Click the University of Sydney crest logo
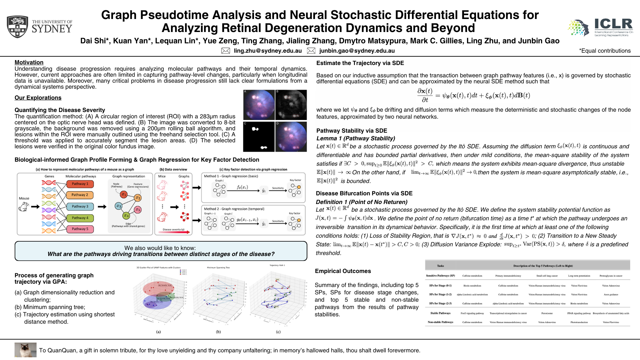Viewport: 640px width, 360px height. [17, 26]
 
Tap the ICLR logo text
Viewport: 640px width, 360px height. [613, 24]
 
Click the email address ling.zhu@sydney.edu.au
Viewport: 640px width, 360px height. [268, 51]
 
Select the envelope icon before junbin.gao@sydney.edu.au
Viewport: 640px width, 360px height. [311, 51]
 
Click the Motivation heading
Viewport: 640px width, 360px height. [29, 62]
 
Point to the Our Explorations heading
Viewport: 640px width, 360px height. [38, 98]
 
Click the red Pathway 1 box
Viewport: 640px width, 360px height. [80, 184]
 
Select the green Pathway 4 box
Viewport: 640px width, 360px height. [80, 218]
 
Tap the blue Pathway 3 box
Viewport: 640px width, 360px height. [80, 206]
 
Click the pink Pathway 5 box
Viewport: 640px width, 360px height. [80, 229]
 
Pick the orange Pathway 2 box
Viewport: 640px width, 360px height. [80, 195]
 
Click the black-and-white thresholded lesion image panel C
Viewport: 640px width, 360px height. [259, 137]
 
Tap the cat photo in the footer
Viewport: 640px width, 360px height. [25, 350]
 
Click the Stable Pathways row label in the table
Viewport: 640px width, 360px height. [440, 313]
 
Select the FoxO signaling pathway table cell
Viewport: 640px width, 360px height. [472, 313]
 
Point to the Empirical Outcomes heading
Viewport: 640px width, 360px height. [343, 271]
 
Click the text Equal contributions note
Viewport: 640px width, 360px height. [605, 51]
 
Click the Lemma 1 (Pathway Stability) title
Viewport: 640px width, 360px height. [356, 138]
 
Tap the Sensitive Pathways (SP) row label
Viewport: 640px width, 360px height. [440, 276]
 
